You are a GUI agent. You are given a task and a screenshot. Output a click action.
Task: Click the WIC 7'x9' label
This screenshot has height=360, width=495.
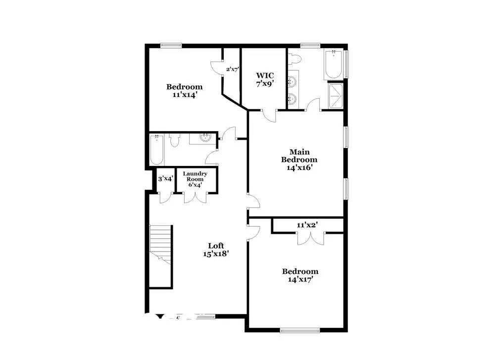click(265, 79)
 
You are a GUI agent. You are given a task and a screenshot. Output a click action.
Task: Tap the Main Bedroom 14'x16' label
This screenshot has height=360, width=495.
click(299, 159)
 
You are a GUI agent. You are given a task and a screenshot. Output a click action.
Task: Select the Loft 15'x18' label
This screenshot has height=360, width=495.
click(215, 249)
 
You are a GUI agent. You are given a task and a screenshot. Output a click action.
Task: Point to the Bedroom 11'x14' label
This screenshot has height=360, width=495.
click(184, 91)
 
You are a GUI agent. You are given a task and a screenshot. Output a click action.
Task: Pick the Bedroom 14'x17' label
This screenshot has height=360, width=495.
click(300, 275)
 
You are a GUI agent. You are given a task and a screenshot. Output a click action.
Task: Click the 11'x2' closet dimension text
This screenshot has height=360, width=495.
click(307, 225)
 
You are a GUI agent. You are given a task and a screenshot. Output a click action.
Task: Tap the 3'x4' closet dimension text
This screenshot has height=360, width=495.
click(165, 179)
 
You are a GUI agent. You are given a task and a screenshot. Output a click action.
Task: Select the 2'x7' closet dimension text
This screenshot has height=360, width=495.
click(232, 70)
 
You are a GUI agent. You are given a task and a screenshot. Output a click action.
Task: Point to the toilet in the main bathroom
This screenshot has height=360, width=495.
click(295, 59)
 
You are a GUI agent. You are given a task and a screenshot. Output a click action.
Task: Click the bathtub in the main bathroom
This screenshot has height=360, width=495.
click(333, 64)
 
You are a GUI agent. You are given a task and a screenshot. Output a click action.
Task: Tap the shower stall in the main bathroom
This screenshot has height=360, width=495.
click(336, 96)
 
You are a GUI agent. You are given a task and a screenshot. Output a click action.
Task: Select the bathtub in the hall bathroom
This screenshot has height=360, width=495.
click(156, 149)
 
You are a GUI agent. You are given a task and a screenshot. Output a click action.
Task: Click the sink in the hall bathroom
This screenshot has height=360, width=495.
click(204, 138)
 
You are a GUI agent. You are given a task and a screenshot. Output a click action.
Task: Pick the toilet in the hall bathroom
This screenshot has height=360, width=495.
click(174, 141)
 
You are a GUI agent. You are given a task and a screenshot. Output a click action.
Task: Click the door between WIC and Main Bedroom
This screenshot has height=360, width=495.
click(269, 115)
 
